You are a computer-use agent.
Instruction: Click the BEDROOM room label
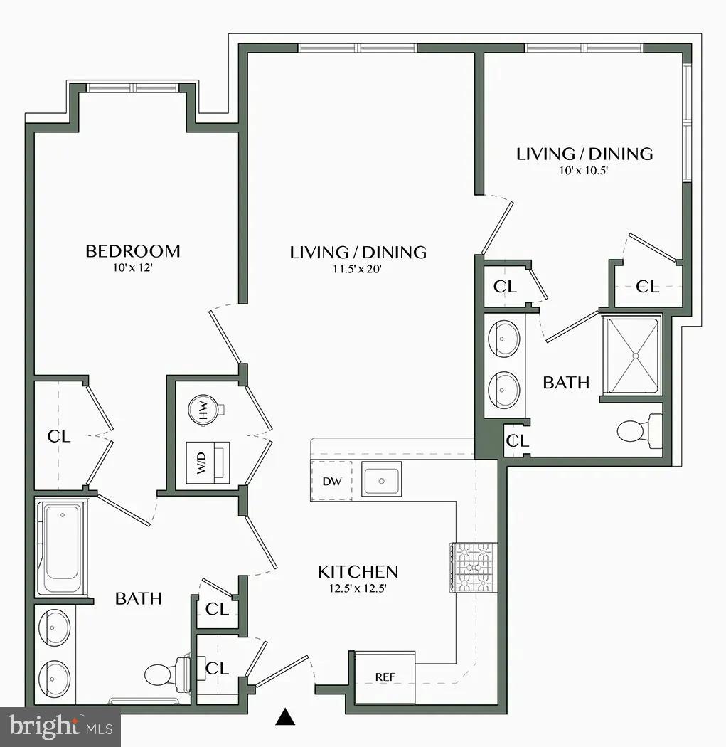pos(132,251)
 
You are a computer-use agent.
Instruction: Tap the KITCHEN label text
pos(357,572)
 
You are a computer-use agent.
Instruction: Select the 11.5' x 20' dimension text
pos(358,269)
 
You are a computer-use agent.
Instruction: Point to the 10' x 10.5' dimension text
pos(584,171)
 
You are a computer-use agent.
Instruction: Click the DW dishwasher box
pos(332,482)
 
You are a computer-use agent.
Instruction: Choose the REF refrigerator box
pos(385,677)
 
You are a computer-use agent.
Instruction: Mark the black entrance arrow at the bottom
pos(285,717)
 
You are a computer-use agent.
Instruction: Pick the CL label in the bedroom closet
pos(59,436)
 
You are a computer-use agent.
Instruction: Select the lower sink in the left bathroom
pos(54,674)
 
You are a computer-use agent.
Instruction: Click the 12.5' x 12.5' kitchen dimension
pos(358,588)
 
